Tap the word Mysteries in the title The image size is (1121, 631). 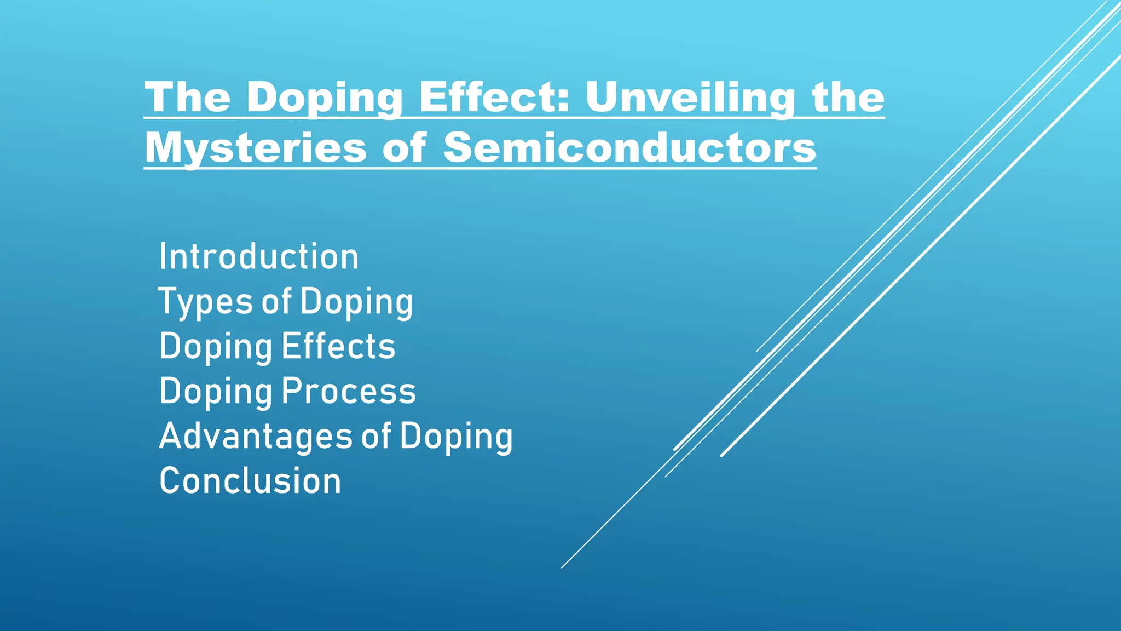256,147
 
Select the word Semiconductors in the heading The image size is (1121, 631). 629,147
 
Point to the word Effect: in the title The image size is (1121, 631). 495,97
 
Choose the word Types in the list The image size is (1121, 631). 206,302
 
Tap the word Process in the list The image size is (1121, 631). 349,391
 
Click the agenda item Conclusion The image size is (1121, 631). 250,481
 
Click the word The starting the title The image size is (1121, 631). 187,97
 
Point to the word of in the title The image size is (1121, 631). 404,147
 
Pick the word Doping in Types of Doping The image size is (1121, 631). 356,303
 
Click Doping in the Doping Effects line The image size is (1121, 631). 216,347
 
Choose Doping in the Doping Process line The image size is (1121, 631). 216,392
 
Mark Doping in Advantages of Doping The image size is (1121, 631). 456,437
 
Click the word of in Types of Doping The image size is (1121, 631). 276,302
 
